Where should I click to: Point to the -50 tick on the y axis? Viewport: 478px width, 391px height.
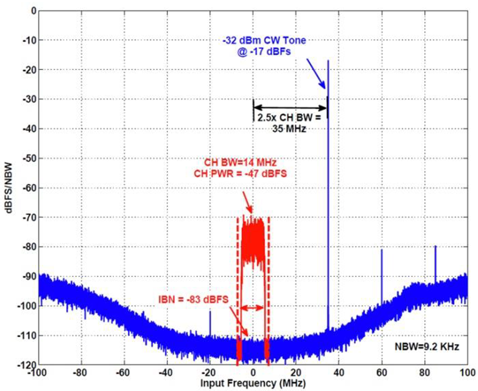pyautogui.click(x=25, y=158)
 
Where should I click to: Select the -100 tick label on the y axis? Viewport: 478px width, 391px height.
pyautogui.click(x=23, y=306)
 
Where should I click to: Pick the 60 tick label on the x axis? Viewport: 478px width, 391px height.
pyautogui.click(x=382, y=373)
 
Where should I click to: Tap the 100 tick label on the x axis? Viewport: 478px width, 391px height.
pyautogui.click(x=467, y=373)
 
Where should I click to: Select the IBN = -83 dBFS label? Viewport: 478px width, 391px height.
pyautogui.click(x=193, y=300)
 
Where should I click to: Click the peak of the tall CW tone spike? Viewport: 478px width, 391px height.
pyautogui.click(x=328, y=61)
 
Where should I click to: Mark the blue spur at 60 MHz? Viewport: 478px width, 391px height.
pyautogui.click(x=381, y=251)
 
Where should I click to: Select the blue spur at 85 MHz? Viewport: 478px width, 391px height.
pyautogui.click(x=435, y=247)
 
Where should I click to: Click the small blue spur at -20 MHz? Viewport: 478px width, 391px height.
pyautogui.click(x=210, y=313)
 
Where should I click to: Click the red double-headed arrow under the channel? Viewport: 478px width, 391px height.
pyautogui.click(x=252, y=308)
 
